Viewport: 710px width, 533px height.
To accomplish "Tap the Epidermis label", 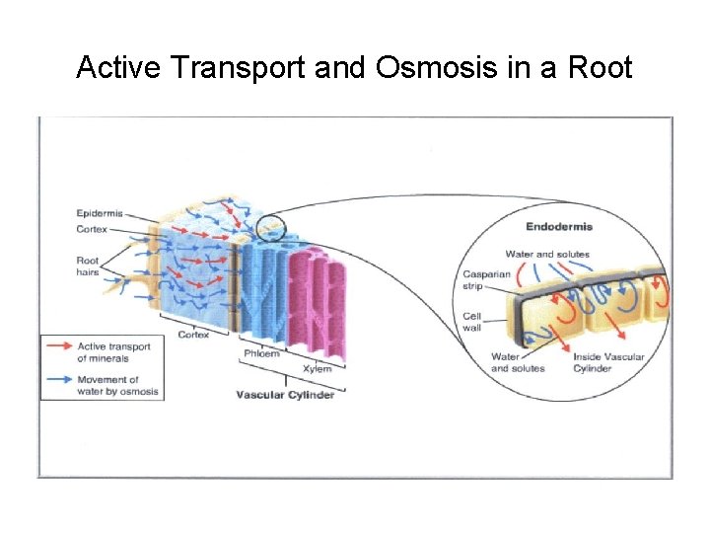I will point(101,213).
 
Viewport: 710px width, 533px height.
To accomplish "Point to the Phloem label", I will point(260,354).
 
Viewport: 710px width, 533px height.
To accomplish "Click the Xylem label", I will point(317,369).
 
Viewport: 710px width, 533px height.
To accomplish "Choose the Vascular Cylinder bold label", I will point(285,396).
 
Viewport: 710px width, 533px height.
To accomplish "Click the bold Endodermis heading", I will point(558,227).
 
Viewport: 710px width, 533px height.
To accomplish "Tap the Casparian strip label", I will point(486,280).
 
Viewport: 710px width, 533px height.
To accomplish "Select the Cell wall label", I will point(472,323).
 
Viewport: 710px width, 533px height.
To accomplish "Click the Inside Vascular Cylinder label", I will point(608,362).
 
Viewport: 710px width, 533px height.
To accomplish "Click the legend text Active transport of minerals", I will point(112,352).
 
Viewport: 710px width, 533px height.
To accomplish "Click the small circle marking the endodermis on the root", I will point(270,230).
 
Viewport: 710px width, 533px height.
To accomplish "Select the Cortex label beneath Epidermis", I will point(92,229).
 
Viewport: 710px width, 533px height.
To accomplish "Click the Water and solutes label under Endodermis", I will point(546,254).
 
